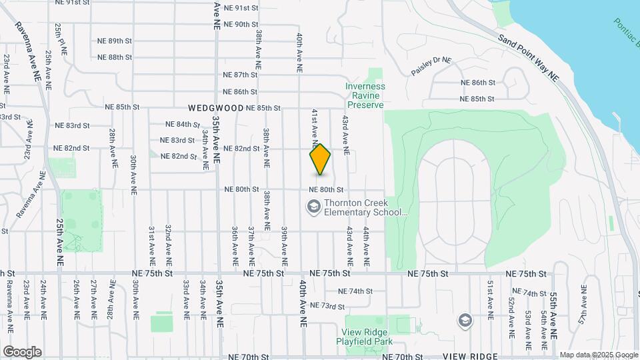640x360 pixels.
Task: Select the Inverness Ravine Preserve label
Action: pyautogui.click(x=365, y=95)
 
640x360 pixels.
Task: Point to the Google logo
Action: pyautogui.click(x=21, y=352)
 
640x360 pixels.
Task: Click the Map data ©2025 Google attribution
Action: pyautogui.click(x=598, y=355)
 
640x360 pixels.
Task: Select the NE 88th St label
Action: pyautogui.click(x=115, y=57)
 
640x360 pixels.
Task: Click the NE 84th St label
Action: pyautogui.click(x=183, y=124)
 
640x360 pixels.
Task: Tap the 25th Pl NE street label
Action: pyautogui.click(x=62, y=39)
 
